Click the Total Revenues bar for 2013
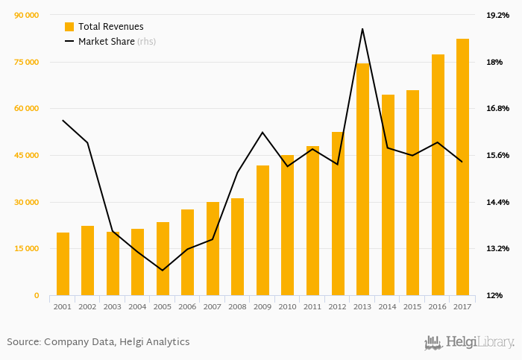click(362, 179)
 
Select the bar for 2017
click(462, 167)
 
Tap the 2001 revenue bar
click(63, 264)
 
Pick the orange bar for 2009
click(262, 230)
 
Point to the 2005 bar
click(163, 259)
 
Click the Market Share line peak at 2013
click(362, 29)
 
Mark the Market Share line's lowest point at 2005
click(163, 270)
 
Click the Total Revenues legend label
click(110, 27)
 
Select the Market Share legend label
click(106, 42)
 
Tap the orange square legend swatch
click(69, 27)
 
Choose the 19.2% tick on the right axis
click(497, 15)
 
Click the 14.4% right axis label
click(497, 202)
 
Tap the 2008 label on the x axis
click(238, 306)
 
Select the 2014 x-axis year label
click(388, 306)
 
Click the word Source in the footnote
click(23, 342)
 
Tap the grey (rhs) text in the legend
click(147, 42)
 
